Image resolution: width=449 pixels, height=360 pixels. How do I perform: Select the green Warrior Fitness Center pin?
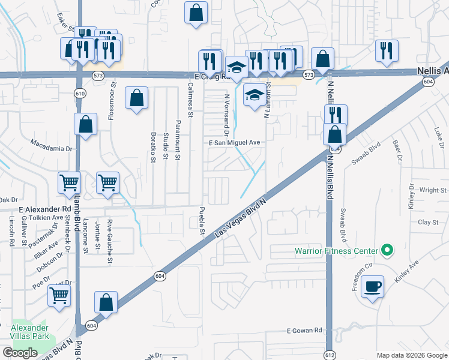387,250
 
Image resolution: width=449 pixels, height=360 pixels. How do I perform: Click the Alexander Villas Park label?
29,332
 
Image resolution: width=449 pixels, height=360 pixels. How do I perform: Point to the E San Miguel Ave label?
234,143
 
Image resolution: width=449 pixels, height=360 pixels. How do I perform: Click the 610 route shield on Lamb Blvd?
79,93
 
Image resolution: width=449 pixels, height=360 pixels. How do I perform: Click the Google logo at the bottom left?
20,353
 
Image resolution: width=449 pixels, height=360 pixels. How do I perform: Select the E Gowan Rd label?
304,331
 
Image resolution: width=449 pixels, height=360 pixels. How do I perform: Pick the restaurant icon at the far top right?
387,50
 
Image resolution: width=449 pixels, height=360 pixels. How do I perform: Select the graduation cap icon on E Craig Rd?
237,67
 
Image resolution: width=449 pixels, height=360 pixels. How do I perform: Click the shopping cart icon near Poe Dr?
59,295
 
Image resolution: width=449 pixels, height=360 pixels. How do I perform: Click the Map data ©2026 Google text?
411,355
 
